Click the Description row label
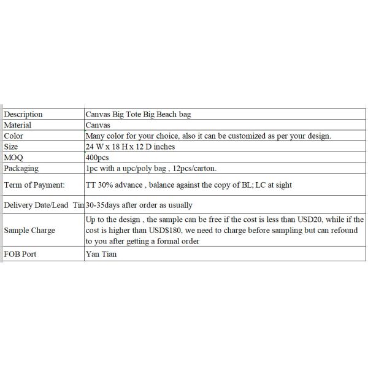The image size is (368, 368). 23,114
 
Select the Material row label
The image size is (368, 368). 18,125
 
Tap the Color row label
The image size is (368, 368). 13,136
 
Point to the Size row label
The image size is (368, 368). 11,147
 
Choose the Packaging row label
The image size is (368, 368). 21,168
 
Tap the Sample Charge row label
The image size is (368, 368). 29,230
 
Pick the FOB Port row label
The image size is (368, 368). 20,253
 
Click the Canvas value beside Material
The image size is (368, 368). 99,125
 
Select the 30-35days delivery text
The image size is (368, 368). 105,204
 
